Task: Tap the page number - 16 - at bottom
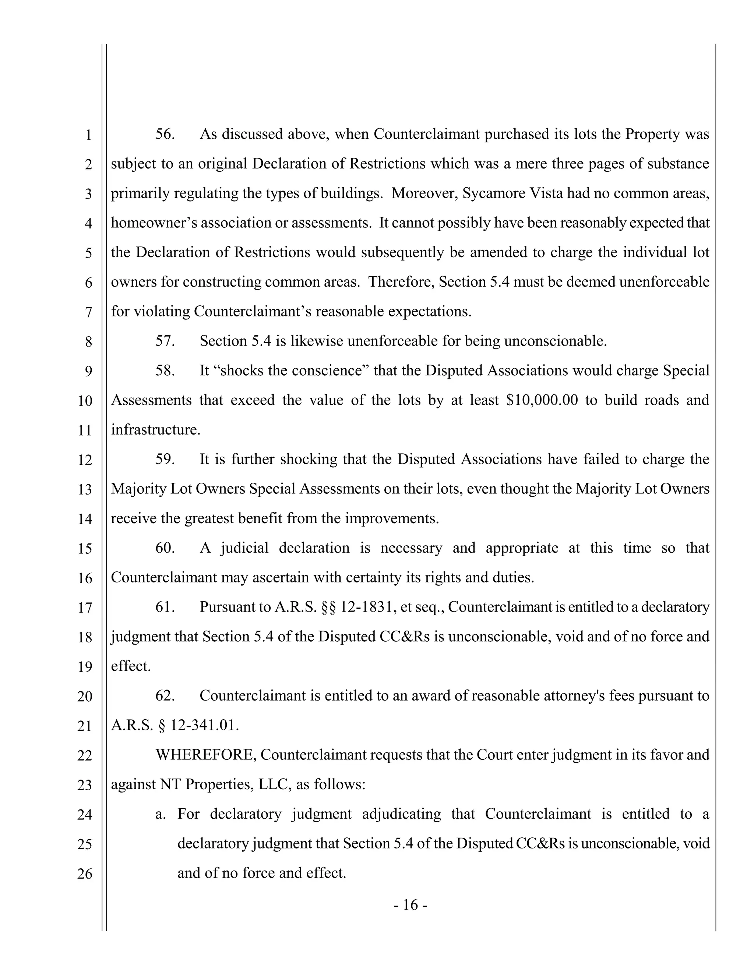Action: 411,905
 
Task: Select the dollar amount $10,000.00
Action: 542,400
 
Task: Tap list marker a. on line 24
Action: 161,814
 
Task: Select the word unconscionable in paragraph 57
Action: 555,341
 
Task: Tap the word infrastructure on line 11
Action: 155,430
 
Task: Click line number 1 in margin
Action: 88,135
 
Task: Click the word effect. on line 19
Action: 130,666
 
